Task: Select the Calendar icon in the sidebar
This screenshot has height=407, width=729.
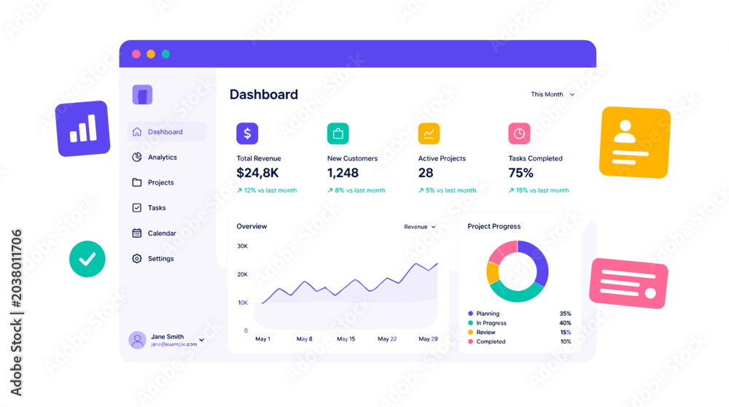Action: pyautogui.click(x=137, y=233)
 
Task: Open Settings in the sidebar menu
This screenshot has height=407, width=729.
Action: pyautogui.click(x=153, y=259)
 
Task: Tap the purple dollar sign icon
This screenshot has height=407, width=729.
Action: pyautogui.click(x=247, y=133)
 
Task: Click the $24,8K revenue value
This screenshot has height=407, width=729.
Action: pyautogui.click(x=257, y=173)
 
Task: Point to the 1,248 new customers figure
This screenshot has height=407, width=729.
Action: pyautogui.click(x=343, y=173)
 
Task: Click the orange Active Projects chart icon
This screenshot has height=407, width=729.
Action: pyautogui.click(x=429, y=133)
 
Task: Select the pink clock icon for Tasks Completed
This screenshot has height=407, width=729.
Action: pyautogui.click(x=519, y=133)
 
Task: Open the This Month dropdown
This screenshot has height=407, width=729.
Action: pyautogui.click(x=553, y=94)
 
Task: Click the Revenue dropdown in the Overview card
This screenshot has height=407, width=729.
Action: pyautogui.click(x=420, y=227)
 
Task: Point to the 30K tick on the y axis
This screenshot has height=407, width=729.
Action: pyautogui.click(x=242, y=246)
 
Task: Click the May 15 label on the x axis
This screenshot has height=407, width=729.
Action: pyautogui.click(x=346, y=339)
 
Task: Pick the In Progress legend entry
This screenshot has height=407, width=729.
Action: pyautogui.click(x=487, y=323)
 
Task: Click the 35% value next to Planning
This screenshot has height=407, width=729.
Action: pyautogui.click(x=566, y=314)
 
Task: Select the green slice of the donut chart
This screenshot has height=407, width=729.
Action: pyautogui.click(x=517, y=293)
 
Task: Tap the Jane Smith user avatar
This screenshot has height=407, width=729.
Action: pyautogui.click(x=137, y=340)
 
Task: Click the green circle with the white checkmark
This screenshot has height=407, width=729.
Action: pyautogui.click(x=87, y=259)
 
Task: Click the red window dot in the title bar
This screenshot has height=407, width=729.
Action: pyautogui.click(x=136, y=54)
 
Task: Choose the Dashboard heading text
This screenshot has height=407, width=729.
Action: pyautogui.click(x=264, y=94)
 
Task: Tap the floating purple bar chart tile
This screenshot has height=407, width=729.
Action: pyautogui.click(x=83, y=129)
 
